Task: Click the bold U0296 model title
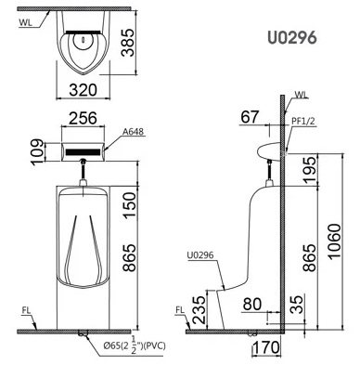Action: (292, 38)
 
